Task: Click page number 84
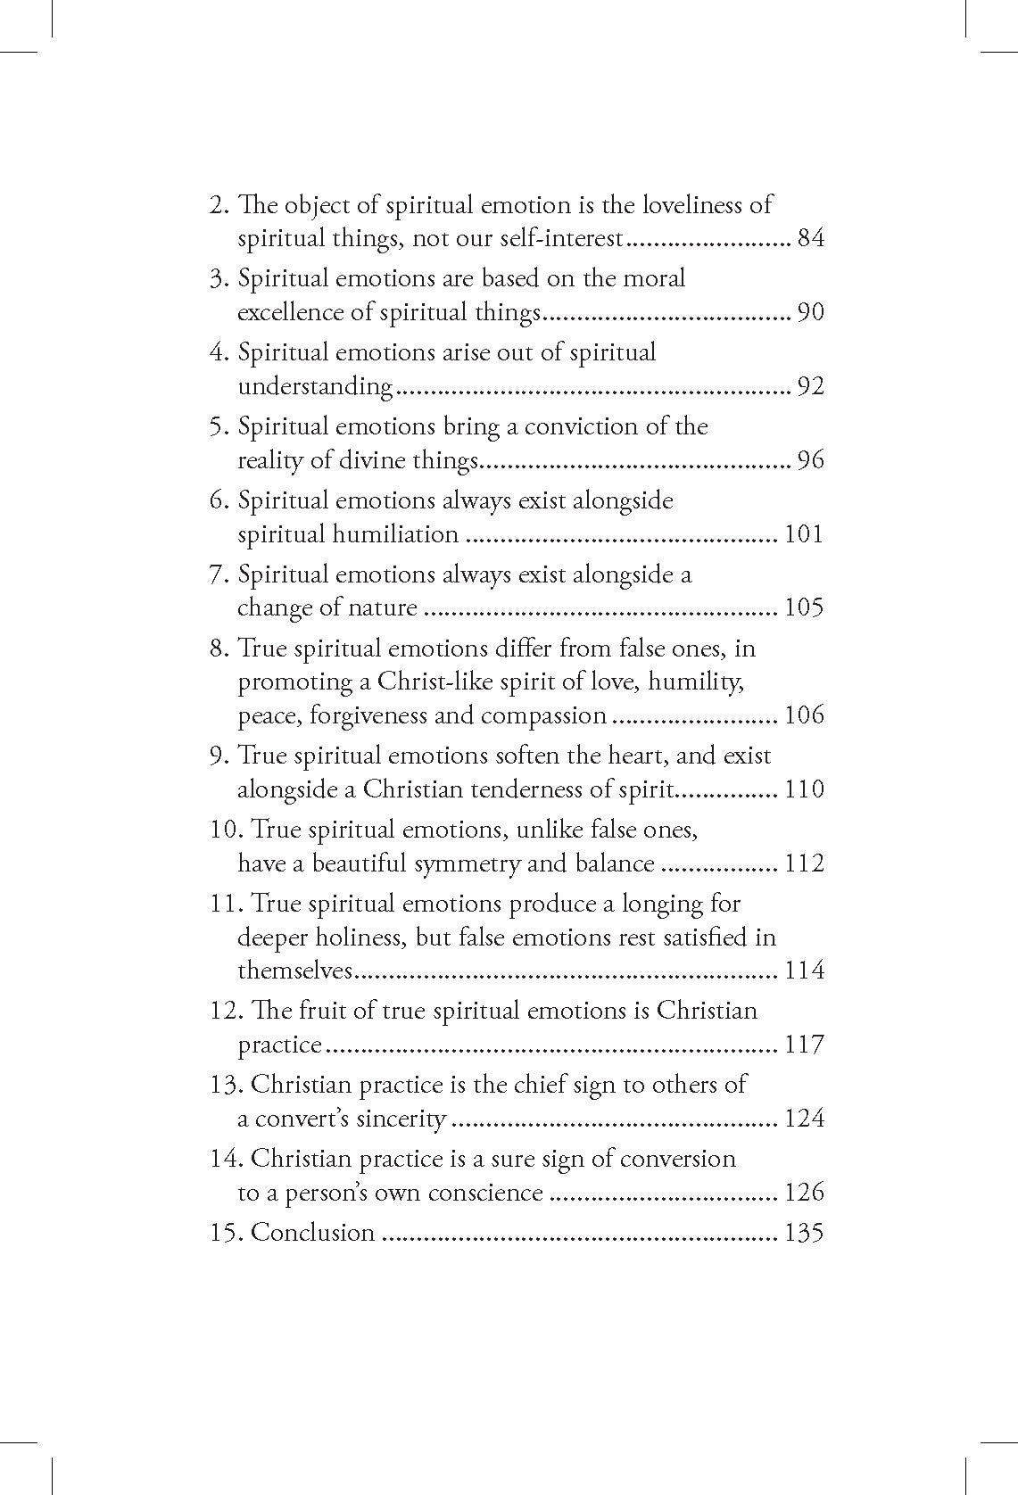pyautogui.click(x=810, y=239)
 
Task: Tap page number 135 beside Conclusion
pyautogui.click(x=803, y=1233)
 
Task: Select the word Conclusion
pyautogui.click(x=313, y=1233)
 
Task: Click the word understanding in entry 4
pyautogui.click(x=315, y=387)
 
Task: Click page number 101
pyautogui.click(x=803, y=535)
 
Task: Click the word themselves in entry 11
pyautogui.click(x=296, y=971)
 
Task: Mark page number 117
pyautogui.click(x=803, y=1045)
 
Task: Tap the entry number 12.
pyautogui.click(x=225, y=1011)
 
